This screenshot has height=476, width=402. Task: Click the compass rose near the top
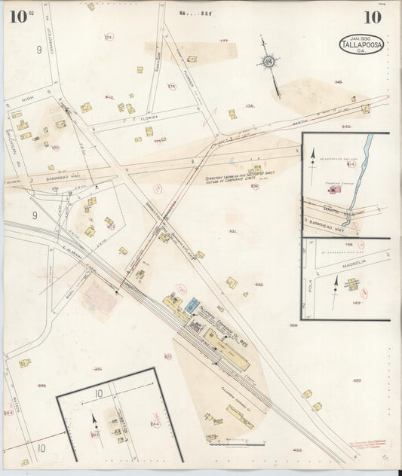[269, 61]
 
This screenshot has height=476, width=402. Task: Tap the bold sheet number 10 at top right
[372, 17]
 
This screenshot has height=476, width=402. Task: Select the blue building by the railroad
[192, 306]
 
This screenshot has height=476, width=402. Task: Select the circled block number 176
[171, 87]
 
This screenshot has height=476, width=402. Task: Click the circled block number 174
[109, 37]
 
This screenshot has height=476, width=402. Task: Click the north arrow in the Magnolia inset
[336, 287]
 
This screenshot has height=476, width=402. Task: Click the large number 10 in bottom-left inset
[98, 393]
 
